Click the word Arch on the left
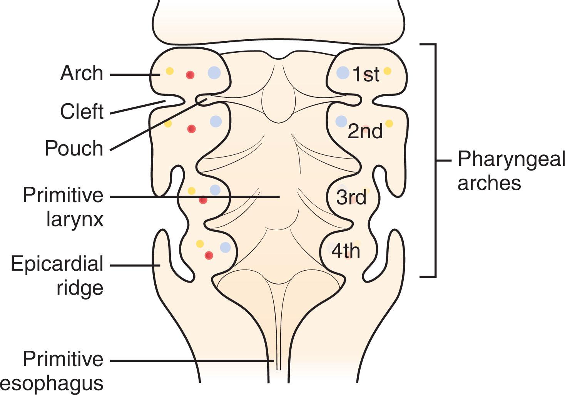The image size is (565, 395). click(82, 73)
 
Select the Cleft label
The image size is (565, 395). click(82, 112)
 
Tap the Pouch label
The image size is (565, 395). click(74, 148)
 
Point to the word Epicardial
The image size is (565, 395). click(57, 264)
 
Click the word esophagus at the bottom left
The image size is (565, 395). click(52, 383)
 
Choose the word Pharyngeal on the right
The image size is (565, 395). click(511, 159)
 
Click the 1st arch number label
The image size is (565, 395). click(366, 74)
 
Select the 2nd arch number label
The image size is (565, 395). click(365, 132)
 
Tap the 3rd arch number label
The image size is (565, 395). click(351, 197)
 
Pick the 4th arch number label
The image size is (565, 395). click(346, 251)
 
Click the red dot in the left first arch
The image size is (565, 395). click(190, 75)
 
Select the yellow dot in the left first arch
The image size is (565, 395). click(169, 71)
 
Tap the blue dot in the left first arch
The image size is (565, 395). click(214, 73)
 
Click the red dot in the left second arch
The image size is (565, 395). click(191, 129)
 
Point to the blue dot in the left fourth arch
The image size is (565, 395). click(225, 247)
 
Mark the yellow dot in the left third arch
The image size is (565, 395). click(191, 191)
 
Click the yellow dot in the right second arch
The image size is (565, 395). click(389, 124)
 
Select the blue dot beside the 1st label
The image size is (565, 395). click(342, 72)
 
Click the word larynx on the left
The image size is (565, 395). click(75, 219)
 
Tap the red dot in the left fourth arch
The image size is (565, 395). click(209, 255)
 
